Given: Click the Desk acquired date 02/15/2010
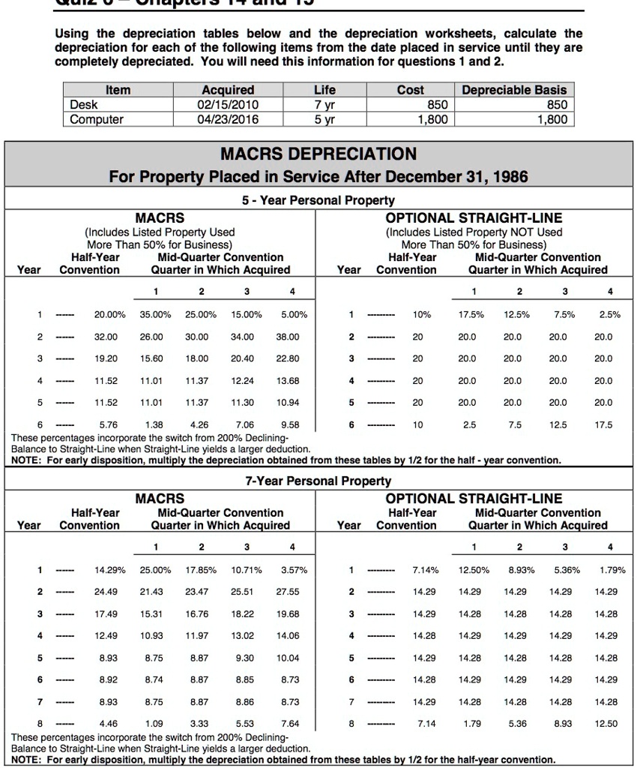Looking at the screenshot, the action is click(228, 105).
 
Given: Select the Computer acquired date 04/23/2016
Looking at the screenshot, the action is click(228, 119).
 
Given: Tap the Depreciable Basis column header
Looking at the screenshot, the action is click(514, 90).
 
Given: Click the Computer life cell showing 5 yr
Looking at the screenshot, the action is click(324, 119).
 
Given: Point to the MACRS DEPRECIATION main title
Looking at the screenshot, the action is click(318, 154).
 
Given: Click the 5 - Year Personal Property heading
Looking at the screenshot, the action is click(318, 200).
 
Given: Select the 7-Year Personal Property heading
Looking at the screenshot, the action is click(318, 480).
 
